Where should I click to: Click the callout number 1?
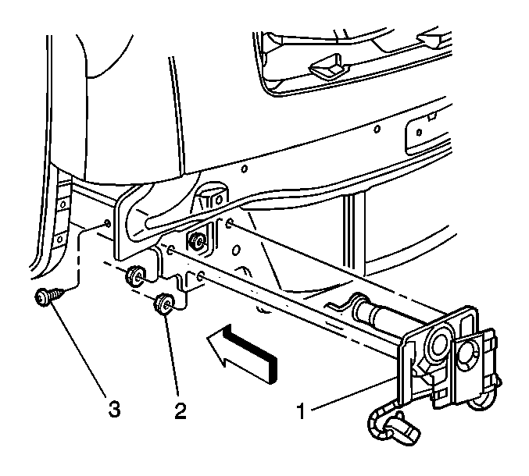pos(302,411)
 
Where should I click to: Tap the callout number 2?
pos(180,410)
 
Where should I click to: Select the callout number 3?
pos(114,410)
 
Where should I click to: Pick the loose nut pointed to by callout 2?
pos(163,304)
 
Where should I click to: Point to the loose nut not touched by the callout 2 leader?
pos(135,275)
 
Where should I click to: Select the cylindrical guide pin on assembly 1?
pos(374,308)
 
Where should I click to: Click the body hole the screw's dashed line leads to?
pos(107,223)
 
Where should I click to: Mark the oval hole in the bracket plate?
pos(237,250)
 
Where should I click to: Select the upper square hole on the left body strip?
pos(63,204)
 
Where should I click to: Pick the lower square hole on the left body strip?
pos(59,240)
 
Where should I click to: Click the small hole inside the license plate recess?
pos(419,132)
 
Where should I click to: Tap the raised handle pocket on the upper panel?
pos(329,66)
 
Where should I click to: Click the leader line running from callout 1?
pos(354,394)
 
